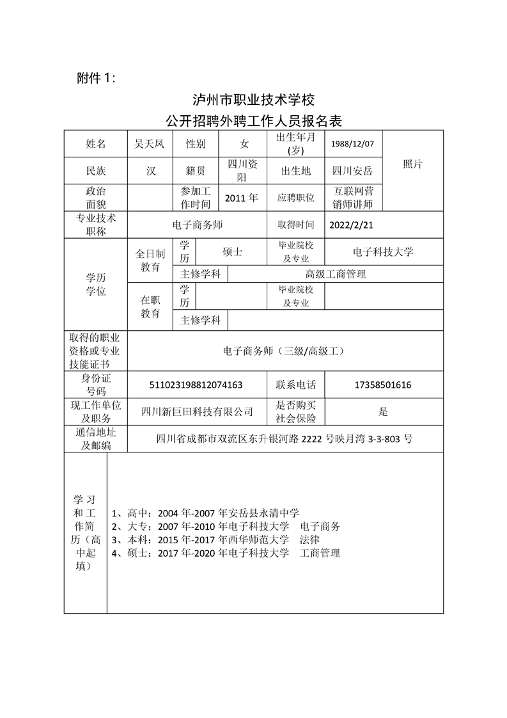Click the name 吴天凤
(148, 143)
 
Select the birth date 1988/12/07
(353, 143)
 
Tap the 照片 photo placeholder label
(412, 164)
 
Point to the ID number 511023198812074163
(196, 385)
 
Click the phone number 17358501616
(383, 385)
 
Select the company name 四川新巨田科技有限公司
(197, 412)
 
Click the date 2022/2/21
(351, 225)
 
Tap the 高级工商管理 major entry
(335, 274)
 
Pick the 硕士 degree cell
(231, 252)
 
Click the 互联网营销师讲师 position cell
(354, 198)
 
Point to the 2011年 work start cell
(242, 198)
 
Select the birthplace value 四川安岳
(353, 171)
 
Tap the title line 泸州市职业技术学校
(254, 100)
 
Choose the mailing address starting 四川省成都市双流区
(284, 439)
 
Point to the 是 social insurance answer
(383, 411)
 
